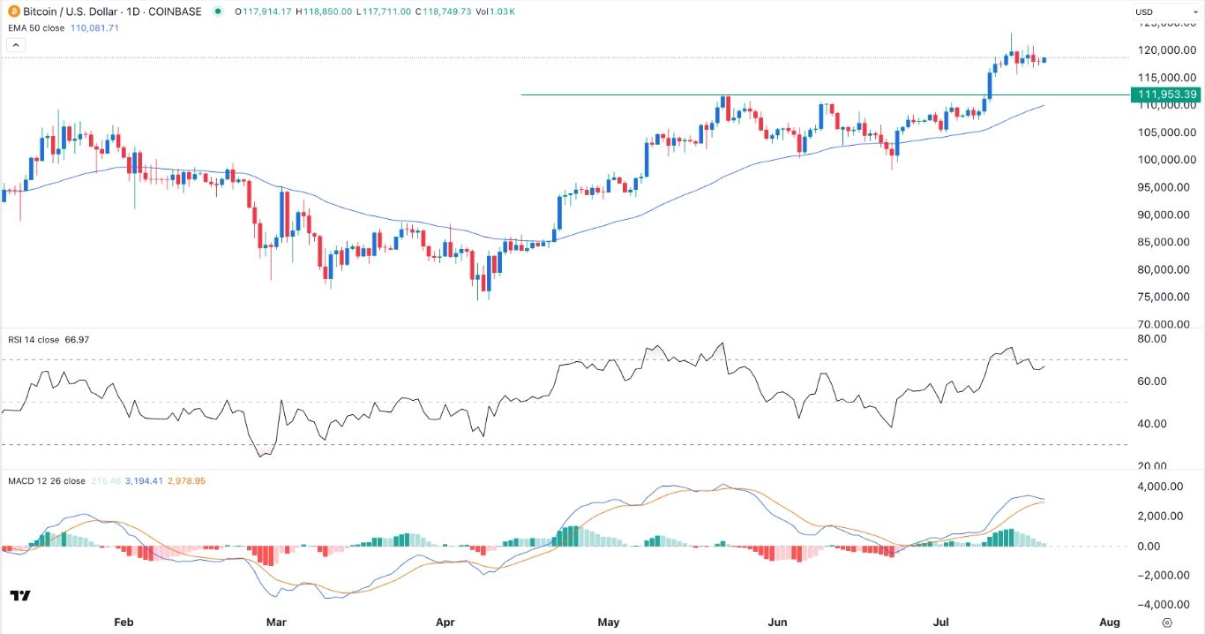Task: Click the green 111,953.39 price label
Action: [1166, 94]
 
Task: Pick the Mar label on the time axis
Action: [277, 623]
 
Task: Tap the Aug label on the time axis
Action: [1110, 623]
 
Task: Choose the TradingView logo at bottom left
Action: [20, 596]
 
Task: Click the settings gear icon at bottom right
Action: [1167, 623]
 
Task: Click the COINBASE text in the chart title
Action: [174, 11]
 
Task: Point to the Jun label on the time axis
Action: [777, 623]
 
